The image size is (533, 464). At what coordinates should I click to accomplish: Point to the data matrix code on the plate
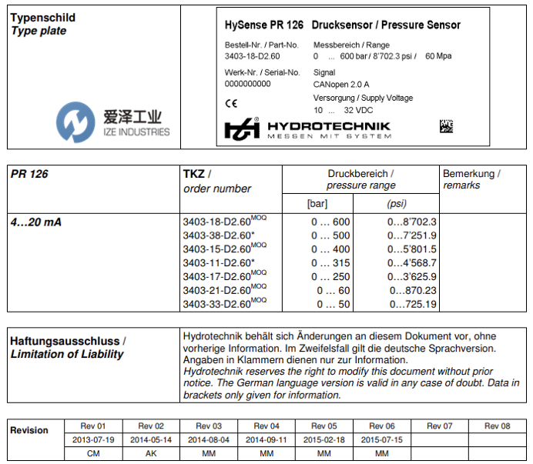tap(448, 126)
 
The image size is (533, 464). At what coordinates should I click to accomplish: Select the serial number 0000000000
tap(248, 83)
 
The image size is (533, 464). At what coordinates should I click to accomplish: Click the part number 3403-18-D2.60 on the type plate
tap(252, 56)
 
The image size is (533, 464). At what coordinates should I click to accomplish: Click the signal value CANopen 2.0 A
tap(341, 84)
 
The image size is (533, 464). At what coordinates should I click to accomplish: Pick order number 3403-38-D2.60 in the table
tap(219, 235)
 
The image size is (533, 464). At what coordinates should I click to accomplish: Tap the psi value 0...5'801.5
tap(412, 249)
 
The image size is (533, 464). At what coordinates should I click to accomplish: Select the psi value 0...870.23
tap(414, 291)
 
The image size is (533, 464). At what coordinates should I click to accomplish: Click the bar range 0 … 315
tap(330, 263)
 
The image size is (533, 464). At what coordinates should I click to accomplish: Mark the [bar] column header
tap(317, 204)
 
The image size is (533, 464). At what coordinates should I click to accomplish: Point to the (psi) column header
tap(396, 204)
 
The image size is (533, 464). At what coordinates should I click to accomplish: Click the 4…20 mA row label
tap(35, 222)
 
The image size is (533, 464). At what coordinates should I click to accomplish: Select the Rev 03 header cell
tap(209, 426)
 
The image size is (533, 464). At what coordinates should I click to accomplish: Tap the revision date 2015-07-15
tap(382, 439)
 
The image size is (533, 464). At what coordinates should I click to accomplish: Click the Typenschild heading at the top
tap(39, 17)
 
